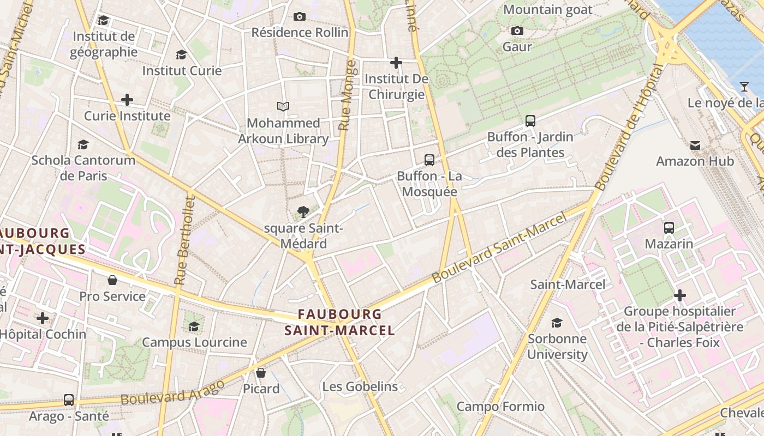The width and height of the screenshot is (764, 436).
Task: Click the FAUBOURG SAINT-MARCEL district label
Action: pyautogui.click(x=339, y=322)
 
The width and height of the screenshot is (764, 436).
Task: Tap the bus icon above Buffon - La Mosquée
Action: pyautogui.click(x=429, y=160)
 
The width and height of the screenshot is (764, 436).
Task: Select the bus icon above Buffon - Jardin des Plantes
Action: pyautogui.click(x=530, y=121)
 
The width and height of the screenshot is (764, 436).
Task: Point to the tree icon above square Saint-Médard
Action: pyautogui.click(x=303, y=212)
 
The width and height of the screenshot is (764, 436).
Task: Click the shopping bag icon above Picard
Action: pyautogui.click(x=261, y=373)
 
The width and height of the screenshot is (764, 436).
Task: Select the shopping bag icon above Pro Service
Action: pyautogui.click(x=112, y=280)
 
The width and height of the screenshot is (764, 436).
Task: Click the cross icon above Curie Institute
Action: pyautogui.click(x=127, y=100)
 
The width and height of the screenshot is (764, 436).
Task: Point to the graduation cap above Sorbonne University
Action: pyautogui.click(x=557, y=323)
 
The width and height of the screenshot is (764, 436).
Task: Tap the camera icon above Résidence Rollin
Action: pyautogui.click(x=300, y=17)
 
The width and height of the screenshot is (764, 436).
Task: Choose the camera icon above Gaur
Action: pyautogui.click(x=517, y=31)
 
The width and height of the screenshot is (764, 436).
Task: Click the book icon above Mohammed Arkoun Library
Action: pyautogui.click(x=283, y=106)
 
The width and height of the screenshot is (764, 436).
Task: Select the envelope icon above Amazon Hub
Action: pyautogui.click(x=695, y=146)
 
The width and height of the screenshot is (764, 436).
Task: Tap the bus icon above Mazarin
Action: pyautogui.click(x=669, y=228)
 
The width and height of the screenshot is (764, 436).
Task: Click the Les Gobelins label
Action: pyautogui.click(x=360, y=386)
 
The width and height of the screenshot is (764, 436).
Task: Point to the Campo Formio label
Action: pyautogui.click(x=500, y=406)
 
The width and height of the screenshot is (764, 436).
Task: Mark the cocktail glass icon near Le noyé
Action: pyautogui.click(x=744, y=87)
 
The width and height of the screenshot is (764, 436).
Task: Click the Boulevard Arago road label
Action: pyautogui.click(x=172, y=393)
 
